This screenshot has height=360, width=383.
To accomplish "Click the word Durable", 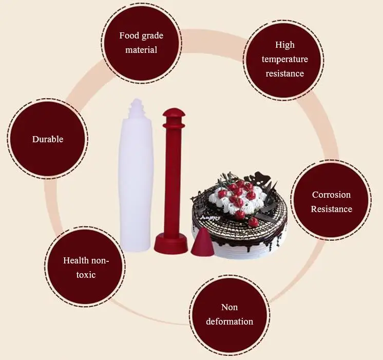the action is tap(48, 139).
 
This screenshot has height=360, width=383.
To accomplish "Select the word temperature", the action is tap(285, 60).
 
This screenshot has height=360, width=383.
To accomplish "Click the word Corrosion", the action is tap(331, 195).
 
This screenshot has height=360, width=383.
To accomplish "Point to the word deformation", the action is tap(229, 321).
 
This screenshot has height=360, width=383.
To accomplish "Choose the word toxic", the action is tap(86, 275).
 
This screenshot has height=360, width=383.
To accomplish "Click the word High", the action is tap(285, 45).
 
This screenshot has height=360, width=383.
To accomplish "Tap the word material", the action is tap(141, 50).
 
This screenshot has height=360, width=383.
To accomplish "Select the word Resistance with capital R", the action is tap(332, 209).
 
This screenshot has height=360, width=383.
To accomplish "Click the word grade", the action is tap(152, 36).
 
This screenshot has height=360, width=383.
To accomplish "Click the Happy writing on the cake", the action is tap(209, 217).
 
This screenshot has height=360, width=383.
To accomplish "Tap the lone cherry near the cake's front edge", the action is tap(253, 222).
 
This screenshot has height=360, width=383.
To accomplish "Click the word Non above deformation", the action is tap(229, 307).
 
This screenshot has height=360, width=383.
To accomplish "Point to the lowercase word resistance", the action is tap(285, 73).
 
